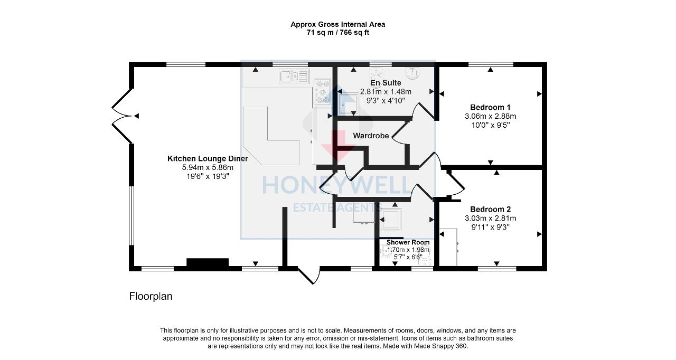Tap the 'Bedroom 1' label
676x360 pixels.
[490, 107]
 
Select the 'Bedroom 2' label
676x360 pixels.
[490, 209]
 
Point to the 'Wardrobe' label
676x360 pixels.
[371, 136]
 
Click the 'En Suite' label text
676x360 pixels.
[385, 83]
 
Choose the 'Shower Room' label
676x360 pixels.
[408, 242]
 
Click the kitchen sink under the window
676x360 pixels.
[294, 77]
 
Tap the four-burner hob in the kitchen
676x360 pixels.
[322, 92]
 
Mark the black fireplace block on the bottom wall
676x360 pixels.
[207, 262]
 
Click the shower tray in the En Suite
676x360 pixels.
[348, 102]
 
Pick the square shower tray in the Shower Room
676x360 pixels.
[391, 219]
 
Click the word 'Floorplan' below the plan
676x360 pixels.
[151, 297]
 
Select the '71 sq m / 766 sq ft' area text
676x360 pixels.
[337, 32]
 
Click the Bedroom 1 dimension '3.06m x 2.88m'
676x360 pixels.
[490, 116]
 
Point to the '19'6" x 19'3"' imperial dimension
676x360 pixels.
[207, 176]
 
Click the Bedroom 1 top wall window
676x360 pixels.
[490, 64]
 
